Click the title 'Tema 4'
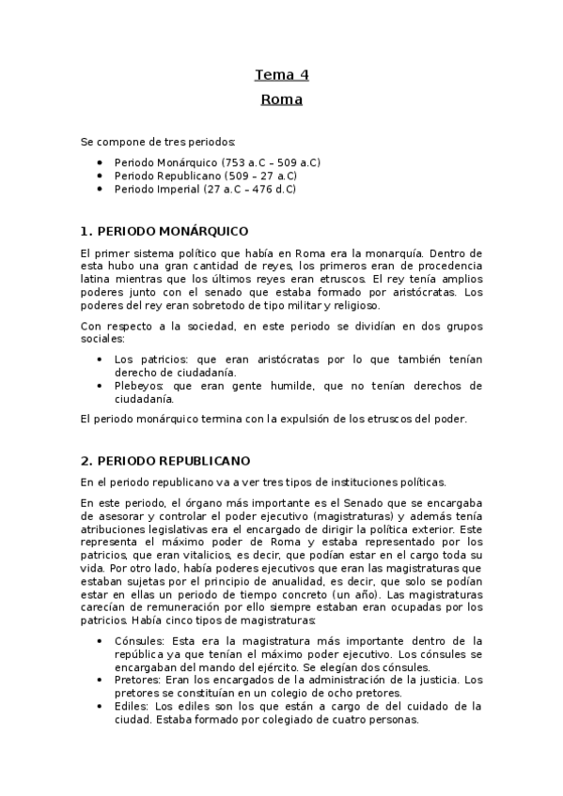point(281,75)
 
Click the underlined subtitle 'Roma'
point(281,99)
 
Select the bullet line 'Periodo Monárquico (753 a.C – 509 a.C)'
point(217,162)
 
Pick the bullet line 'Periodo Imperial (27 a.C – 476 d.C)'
point(205,189)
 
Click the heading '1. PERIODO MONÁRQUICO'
point(164,230)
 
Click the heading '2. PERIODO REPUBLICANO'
point(165,461)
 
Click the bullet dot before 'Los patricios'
point(101,360)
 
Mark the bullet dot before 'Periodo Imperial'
point(101,189)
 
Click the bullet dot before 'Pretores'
point(101,680)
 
